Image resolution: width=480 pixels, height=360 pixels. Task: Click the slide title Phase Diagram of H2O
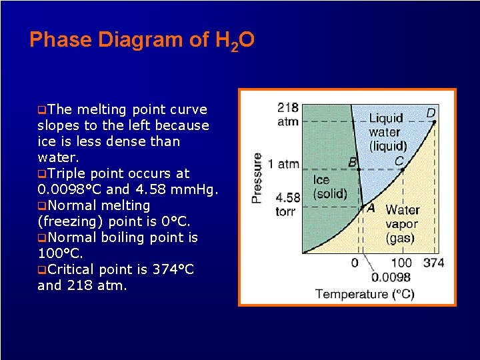pos(141,41)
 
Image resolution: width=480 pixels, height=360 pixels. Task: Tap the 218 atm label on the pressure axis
pos(287,114)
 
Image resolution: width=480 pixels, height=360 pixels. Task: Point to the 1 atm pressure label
pos(283,163)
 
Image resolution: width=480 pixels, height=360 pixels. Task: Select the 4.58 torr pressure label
pos(287,204)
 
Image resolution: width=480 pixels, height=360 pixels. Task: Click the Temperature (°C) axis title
pos(364,294)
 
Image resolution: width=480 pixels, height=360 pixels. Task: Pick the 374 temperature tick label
pos(433,263)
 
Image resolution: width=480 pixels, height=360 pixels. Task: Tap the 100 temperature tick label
pos(401,263)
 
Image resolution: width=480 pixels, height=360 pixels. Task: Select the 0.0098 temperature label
pos(391,277)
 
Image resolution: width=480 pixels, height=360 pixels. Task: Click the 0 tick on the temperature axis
pos(355,263)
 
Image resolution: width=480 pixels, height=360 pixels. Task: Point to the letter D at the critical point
pos(431,113)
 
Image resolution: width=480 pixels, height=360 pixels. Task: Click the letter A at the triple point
pos(371,207)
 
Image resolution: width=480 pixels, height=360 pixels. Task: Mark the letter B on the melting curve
pos(352,162)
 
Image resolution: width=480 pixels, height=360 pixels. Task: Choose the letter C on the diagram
pos(399,161)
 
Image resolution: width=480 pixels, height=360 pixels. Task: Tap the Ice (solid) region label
pos(330,187)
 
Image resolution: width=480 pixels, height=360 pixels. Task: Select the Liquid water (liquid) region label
pos(387,132)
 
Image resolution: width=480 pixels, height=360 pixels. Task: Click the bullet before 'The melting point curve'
pos(42,110)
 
